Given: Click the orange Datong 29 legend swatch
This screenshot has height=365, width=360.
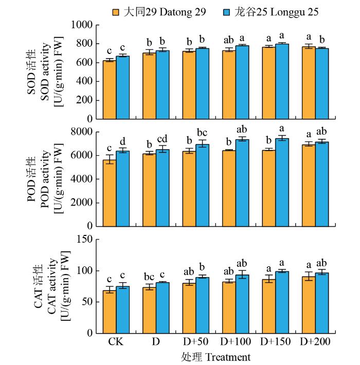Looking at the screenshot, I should tap(117, 11).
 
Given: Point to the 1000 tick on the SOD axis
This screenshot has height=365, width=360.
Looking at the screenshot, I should tap(84, 25).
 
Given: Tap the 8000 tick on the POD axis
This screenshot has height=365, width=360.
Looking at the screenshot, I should tap(84, 132).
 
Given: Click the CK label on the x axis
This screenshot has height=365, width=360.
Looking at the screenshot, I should tap(115, 342).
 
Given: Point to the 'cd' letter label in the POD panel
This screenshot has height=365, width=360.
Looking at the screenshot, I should tap(163, 139).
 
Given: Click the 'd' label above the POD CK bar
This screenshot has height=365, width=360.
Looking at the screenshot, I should tap(122, 141).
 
